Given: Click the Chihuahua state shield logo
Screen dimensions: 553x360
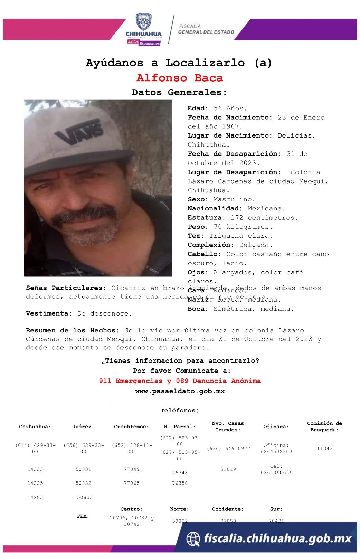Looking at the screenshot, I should pyautogui.click(x=143, y=22).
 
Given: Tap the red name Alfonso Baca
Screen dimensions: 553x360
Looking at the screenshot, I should pyautogui.click(x=180, y=78).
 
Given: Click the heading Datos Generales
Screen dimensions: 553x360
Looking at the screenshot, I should pyautogui.click(x=180, y=92).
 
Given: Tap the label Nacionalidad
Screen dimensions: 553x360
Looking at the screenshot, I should pyautogui.click(x=215, y=208).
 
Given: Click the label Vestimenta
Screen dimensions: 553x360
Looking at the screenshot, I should pyautogui.click(x=49, y=313).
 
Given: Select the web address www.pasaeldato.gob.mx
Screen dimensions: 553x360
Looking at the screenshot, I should pyautogui.click(x=180, y=391).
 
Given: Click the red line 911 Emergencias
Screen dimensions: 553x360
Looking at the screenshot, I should pyautogui.click(x=180, y=381).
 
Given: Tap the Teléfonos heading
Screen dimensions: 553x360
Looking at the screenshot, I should pyautogui.click(x=180, y=411).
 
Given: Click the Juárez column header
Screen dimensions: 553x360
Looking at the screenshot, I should pyautogui.click(x=83, y=427).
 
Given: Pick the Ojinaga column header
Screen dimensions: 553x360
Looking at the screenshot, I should pyautogui.click(x=276, y=427).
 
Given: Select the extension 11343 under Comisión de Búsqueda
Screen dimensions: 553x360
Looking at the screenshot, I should pyautogui.click(x=325, y=448).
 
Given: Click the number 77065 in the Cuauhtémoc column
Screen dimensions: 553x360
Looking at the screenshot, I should pyautogui.click(x=132, y=483).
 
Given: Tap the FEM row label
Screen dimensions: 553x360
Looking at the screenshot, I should pyautogui.click(x=83, y=516).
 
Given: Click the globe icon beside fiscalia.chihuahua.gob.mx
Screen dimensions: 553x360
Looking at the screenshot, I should pyautogui.click(x=193, y=538).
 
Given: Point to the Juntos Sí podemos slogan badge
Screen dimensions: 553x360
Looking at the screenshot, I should pyautogui.click(x=143, y=43).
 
